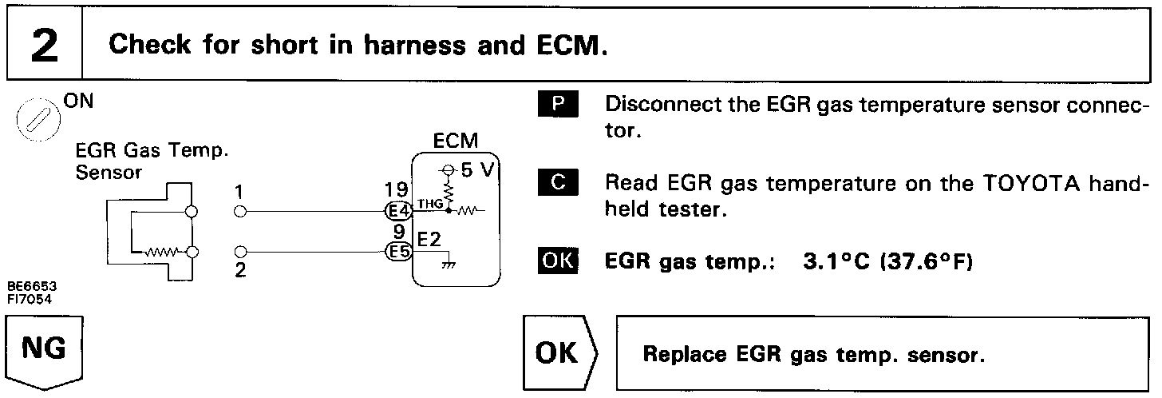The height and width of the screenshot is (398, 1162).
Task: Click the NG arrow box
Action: coord(45,352)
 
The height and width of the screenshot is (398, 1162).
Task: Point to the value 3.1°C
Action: coord(832,262)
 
